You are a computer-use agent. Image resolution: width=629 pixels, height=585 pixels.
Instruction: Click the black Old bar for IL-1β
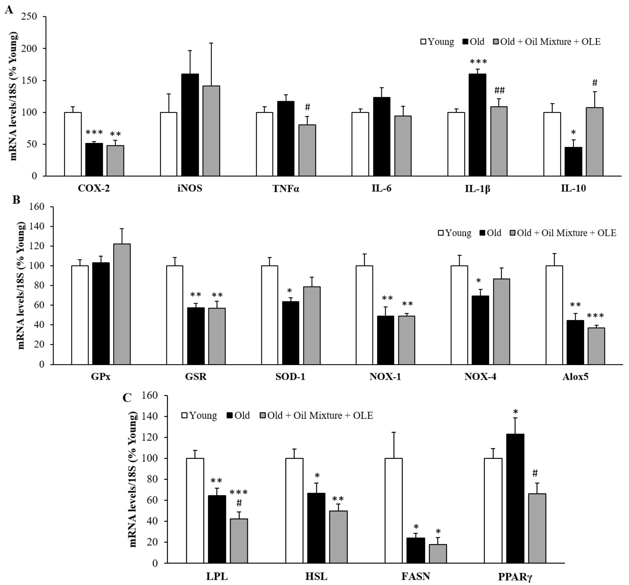point(477,125)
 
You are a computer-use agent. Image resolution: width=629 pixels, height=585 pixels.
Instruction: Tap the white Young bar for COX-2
point(73,144)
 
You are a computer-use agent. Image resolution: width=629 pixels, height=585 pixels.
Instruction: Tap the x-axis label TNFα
point(286,189)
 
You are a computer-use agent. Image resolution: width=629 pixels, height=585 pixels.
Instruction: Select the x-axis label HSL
point(316,577)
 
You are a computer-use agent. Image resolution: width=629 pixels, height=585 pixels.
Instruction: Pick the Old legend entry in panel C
point(238,415)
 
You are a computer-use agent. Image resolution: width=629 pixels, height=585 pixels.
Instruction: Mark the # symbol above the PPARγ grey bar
point(535,473)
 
